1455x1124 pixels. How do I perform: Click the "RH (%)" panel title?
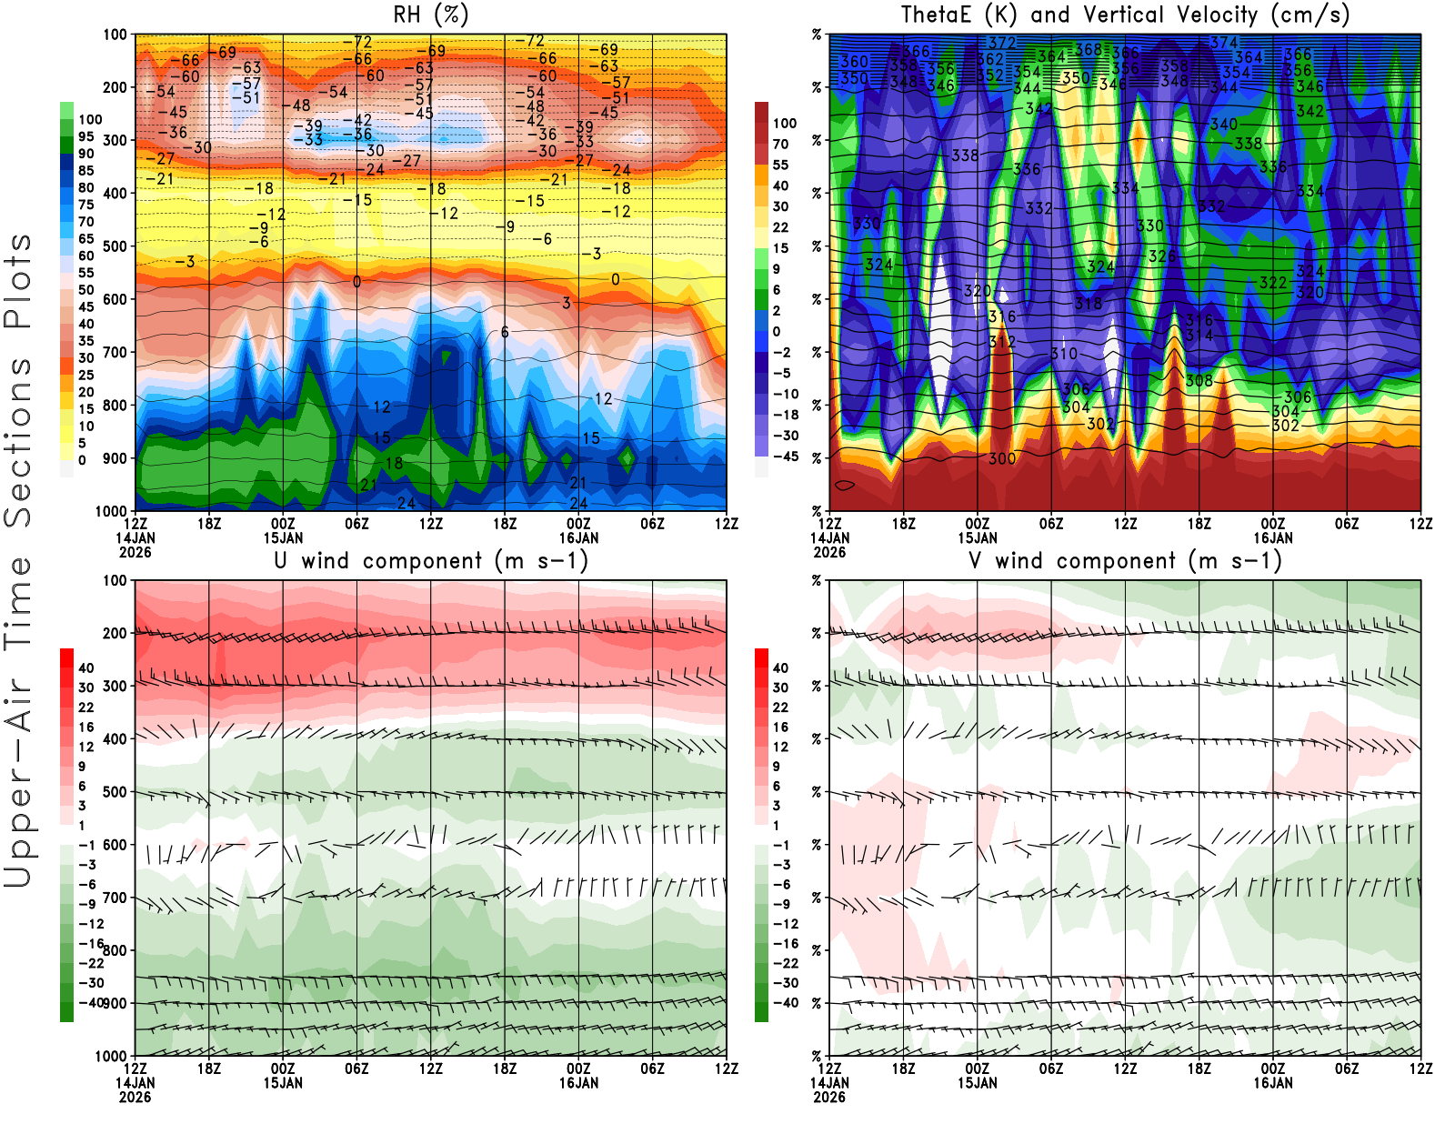point(431,15)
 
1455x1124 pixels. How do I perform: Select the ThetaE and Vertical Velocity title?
point(1125,15)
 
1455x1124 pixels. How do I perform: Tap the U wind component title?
point(431,560)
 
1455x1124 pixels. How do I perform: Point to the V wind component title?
point(1125,560)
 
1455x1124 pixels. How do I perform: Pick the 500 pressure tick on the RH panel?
point(115,246)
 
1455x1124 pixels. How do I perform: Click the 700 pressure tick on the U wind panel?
point(115,898)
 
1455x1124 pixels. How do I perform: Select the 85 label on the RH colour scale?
point(85,171)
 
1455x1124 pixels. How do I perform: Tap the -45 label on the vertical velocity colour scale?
point(785,457)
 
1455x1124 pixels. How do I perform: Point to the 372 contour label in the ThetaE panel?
point(1001,43)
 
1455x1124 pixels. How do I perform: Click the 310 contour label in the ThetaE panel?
point(1063,354)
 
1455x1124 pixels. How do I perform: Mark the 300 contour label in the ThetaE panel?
point(1001,458)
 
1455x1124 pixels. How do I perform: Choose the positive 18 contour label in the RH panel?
point(394,463)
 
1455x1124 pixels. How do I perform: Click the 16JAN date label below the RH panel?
point(578,537)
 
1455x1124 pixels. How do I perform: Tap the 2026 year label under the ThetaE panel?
point(829,552)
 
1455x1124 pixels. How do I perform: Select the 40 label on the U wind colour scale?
point(85,668)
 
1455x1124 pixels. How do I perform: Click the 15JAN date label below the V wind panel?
point(977,1083)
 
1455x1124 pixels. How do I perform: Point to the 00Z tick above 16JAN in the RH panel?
point(578,524)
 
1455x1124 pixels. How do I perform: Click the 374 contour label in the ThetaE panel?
point(1224,43)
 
